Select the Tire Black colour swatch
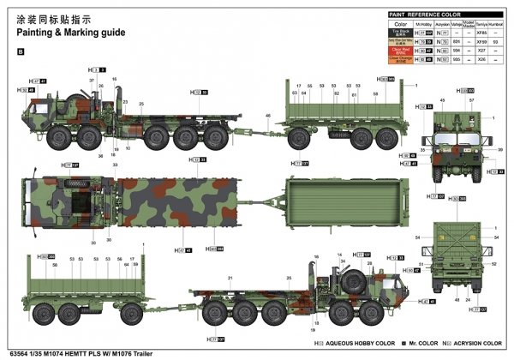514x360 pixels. (x=400, y=33)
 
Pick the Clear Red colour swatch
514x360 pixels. (x=400, y=51)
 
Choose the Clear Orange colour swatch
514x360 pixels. (x=400, y=60)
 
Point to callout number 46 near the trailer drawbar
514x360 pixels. (x=267, y=116)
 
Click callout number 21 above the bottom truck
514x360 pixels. (x=230, y=278)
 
